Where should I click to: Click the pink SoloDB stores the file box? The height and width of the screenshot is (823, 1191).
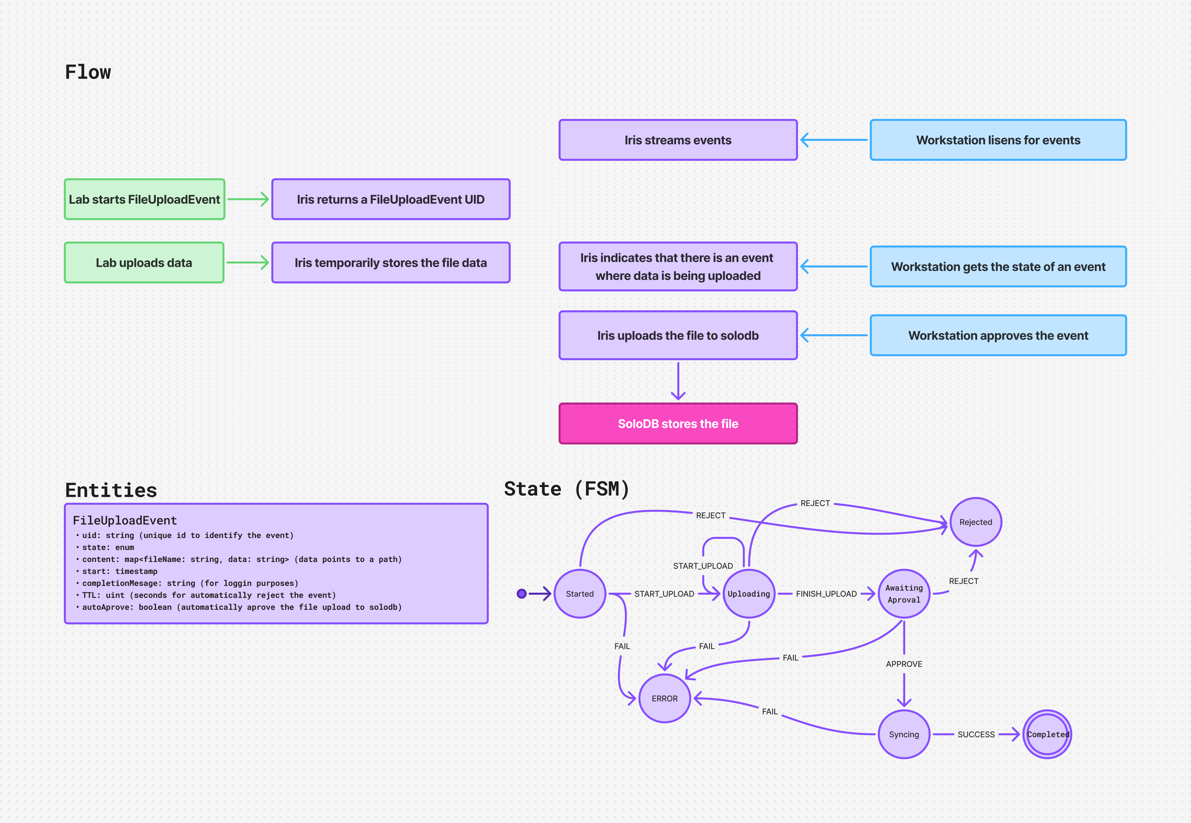[678, 423]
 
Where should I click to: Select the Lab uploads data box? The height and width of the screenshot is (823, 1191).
[144, 262]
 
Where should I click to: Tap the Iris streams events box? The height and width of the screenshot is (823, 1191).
[678, 140]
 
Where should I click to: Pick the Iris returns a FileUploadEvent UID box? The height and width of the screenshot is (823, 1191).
[391, 199]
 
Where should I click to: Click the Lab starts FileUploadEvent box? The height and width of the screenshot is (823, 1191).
[144, 199]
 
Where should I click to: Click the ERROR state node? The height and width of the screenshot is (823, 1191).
[664, 698]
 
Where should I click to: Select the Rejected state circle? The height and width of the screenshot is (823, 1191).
[975, 522]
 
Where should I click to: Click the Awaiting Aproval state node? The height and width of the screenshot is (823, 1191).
[904, 593]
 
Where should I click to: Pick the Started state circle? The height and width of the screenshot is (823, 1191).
[580, 593]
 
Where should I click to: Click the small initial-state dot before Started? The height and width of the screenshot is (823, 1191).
[521, 593]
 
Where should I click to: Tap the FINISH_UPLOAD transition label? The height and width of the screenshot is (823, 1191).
[826, 593]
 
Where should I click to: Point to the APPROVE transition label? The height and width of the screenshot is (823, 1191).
[904, 664]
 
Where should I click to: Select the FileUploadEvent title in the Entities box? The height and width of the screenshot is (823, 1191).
[125, 520]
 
